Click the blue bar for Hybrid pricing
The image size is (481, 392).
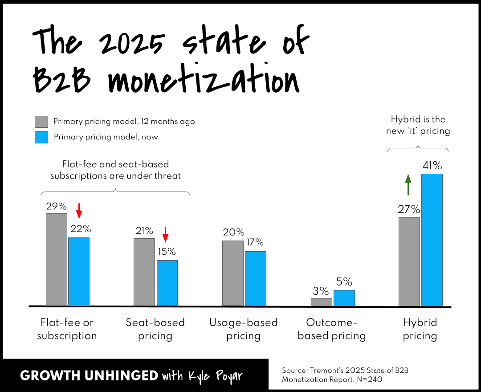[432, 240]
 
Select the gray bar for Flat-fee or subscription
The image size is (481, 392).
[57, 259]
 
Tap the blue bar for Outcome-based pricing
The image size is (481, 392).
[344, 298]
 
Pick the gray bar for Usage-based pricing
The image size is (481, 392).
[233, 273]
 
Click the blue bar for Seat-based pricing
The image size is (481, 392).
[167, 283]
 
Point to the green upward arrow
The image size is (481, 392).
[408, 184]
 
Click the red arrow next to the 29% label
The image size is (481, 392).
[79, 211]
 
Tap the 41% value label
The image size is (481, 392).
[432, 166]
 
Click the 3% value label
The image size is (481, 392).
[321, 291]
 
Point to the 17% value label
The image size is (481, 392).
[255, 242]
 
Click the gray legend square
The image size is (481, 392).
[41, 122]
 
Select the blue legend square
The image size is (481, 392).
[41, 137]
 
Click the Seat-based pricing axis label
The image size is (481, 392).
[155, 329]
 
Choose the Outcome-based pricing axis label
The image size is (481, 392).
[332, 329]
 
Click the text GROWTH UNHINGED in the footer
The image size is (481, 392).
[89, 376]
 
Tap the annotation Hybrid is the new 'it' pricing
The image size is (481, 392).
[418, 125]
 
